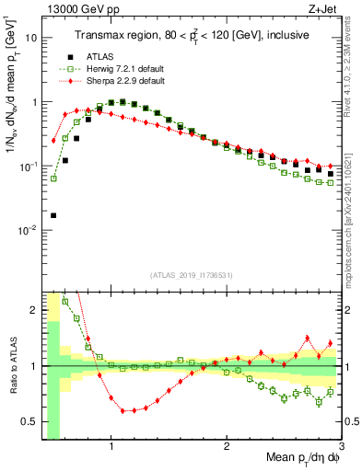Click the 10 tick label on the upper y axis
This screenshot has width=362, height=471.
tap(30, 38)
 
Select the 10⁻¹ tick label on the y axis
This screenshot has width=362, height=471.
tap(28, 166)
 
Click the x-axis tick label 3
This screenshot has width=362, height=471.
tap(342, 447)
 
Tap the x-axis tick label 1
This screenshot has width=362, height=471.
tap(111, 447)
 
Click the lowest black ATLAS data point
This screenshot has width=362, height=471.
tap(53, 215)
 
